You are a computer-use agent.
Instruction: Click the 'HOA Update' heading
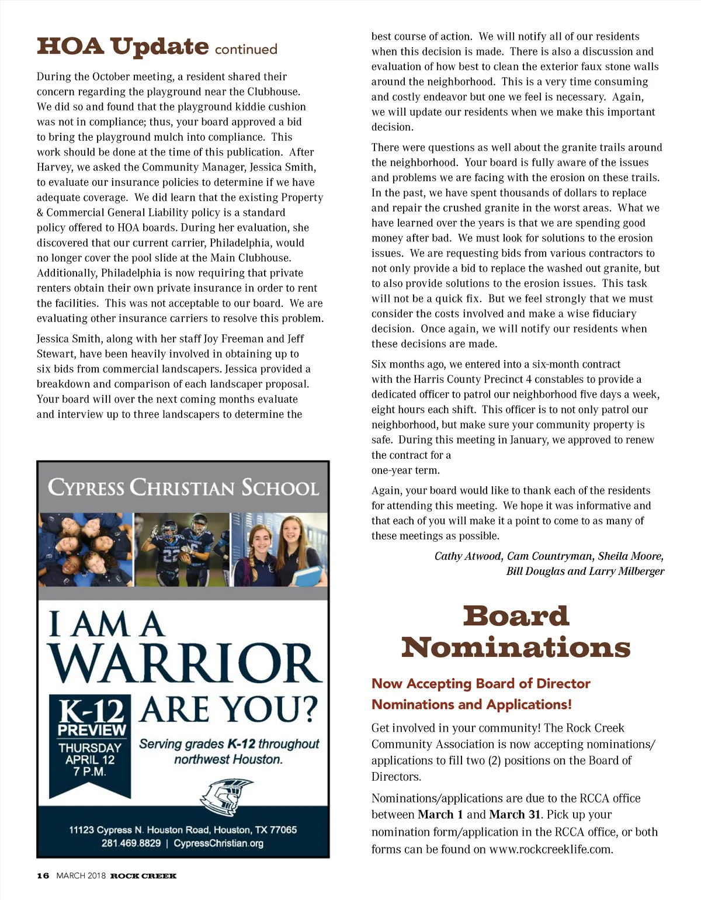(123, 47)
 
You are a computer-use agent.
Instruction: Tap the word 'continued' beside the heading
(246, 50)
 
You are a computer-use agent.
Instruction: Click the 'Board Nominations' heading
(516, 632)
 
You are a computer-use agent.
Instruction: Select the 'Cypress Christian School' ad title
(183, 487)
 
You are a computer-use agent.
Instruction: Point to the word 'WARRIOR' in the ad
(185, 663)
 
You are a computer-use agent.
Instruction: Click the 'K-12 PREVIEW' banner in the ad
(92, 718)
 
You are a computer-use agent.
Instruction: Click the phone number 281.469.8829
(131, 843)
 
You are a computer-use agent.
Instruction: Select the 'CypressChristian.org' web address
(218, 843)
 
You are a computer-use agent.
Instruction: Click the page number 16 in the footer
(43, 875)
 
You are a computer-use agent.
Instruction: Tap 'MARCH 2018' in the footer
(81, 875)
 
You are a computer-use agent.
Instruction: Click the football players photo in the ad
(182, 549)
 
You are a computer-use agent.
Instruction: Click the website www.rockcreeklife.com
(551, 849)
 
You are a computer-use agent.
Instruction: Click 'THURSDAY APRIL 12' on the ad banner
(90, 754)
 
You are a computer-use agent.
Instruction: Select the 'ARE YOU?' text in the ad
(229, 709)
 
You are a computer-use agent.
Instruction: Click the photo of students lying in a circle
(86, 549)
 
